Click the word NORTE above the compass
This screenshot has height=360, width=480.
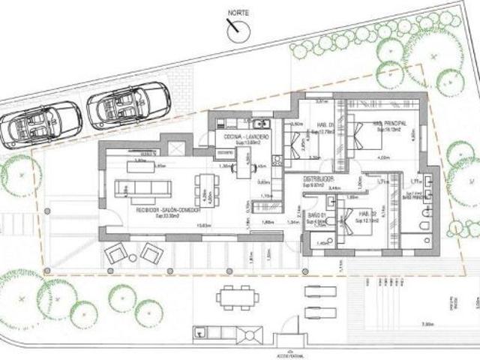239,13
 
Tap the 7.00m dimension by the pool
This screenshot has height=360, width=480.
426,325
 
